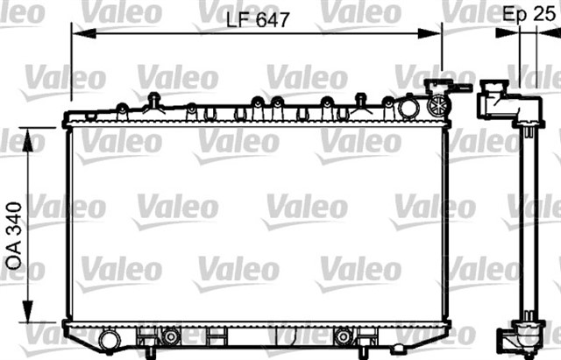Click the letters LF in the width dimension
(x=238, y=20)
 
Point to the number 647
(x=273, y=20)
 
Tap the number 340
(x=14, y=220)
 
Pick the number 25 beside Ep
(x=543, y=14)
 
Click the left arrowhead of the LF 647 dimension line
(x=84, y=33)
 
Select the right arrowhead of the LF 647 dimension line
(x=430, y=33)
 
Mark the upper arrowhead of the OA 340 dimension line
(x=27, y=140)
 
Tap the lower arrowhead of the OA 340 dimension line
(x=27, y=310)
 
